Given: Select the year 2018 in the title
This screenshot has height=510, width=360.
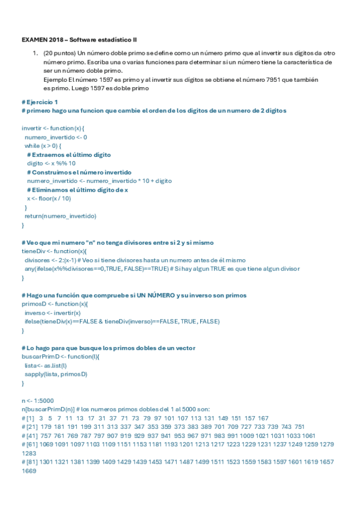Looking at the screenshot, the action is (55, 39).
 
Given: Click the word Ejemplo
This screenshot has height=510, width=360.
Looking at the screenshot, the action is (55, 79).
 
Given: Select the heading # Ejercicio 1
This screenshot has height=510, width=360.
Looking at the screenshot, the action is (40, 102).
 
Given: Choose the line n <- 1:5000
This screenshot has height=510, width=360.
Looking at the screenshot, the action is (38, 400).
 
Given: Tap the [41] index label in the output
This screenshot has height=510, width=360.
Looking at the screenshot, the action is (30, 435).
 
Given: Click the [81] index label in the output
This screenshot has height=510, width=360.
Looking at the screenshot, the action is (30, 462).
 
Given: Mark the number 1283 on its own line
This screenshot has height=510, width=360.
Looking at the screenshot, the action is (29, 453).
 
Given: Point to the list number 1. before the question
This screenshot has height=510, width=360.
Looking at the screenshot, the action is (35, 54).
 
